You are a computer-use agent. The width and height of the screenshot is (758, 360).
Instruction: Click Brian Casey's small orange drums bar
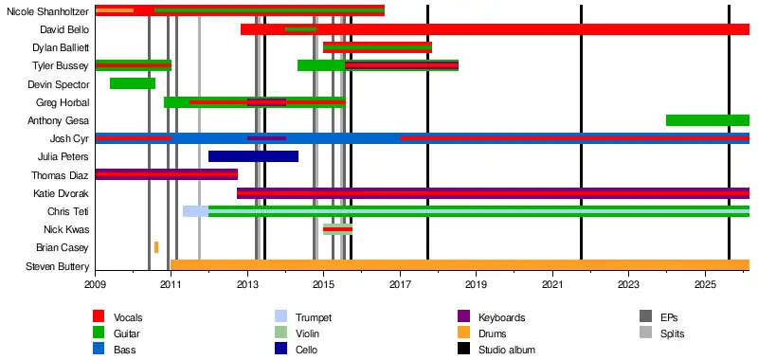click(x=156, y=247)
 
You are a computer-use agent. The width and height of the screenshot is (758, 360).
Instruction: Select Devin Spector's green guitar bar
click(x=133, y=83)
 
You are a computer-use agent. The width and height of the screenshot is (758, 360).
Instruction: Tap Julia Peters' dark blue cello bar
click(x=253, y=156)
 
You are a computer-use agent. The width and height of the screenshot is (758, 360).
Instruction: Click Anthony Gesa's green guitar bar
click(x=708, y=120)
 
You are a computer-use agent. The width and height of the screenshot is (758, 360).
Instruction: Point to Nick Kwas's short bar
click(x=338, y=229)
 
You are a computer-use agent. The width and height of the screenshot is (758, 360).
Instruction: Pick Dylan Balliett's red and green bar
click(x=377, y=47)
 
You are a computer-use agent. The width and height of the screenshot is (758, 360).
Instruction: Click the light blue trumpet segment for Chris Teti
click(x=196, y=211)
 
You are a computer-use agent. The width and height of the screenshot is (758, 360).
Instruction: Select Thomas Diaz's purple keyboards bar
click(x=167, y=174)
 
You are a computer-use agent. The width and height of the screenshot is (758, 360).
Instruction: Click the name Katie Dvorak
click(x=61, y=193)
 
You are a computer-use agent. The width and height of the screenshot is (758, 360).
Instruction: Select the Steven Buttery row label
click(x=58, y=267)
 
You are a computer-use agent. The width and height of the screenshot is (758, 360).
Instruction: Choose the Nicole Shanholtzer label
click(x=48, y=11)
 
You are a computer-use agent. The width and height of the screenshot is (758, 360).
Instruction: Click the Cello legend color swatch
click(x=280, y=349)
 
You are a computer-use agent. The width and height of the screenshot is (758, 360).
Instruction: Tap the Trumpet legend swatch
click(x=280, y=317)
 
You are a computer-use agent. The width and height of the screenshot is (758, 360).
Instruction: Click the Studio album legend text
click(x=507, y=350)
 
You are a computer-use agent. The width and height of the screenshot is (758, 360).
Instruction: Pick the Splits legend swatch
click(x=645, y=333)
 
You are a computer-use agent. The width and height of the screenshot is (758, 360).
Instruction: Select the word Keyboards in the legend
click(x=502, y=318)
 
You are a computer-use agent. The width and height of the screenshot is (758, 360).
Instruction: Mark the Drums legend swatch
click(x=463, y=333)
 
